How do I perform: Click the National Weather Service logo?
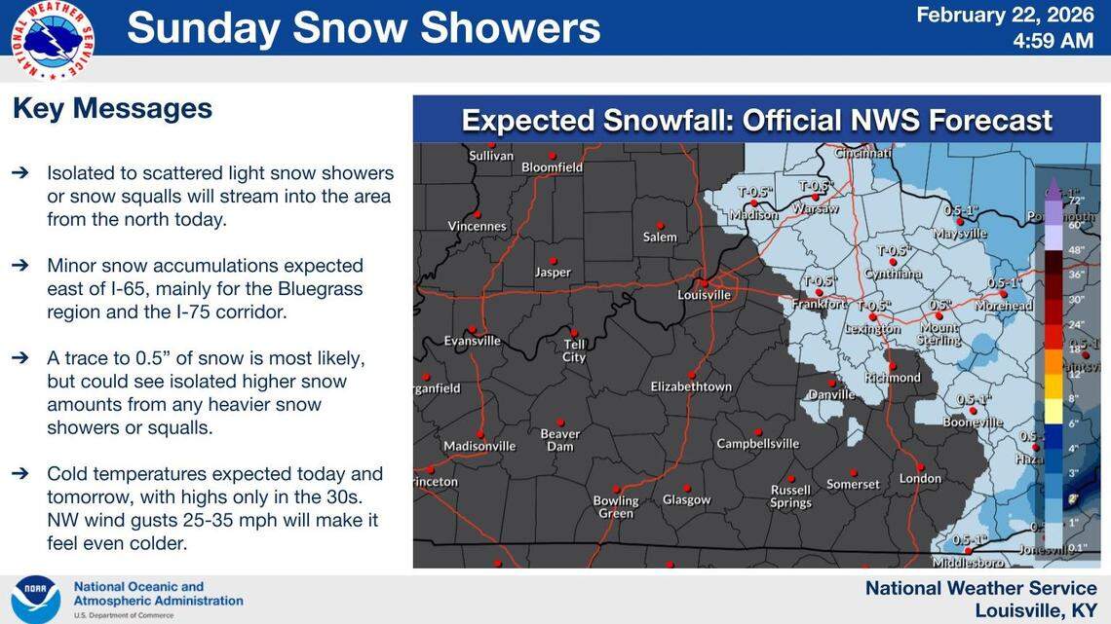[x=53, y=40]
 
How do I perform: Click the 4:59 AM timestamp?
[x=1054, y=41]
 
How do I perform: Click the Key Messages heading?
[x=112, y=108]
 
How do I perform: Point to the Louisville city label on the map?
[x=704, y=294]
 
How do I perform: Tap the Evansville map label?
[x=472, y=341]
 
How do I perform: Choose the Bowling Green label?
[x=616, y=506]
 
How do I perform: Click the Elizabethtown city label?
[x=691, y=386]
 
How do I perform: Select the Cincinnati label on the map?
[x=863, y=153]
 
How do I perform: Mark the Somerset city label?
[x=853, y=484]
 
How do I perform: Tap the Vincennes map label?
[x=477, y=226]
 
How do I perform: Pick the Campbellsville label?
[x=757, y=444]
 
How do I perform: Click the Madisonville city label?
[x=479, y=446]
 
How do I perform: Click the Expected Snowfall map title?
[x=756, y=121]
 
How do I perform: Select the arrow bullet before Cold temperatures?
[x=20, y=474]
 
